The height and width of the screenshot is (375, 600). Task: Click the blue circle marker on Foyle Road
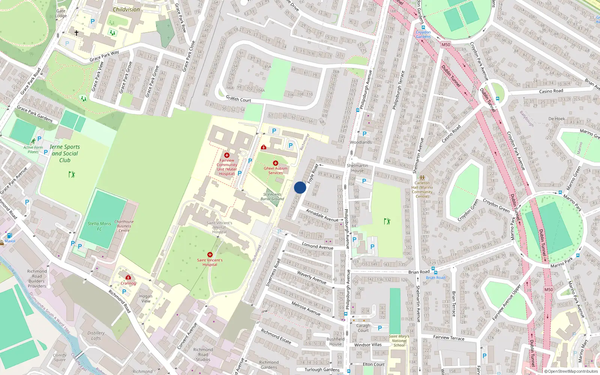pos(300,187)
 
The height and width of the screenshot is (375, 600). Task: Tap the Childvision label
pos(126,9)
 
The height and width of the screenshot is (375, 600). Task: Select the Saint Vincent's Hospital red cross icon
pos(210,255)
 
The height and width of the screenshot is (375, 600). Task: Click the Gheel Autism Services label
pos(276,171)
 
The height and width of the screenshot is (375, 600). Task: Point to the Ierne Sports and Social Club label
pos(65,153)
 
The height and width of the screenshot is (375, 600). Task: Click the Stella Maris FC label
pos(99,226)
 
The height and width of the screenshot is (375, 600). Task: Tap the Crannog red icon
pos(128,277)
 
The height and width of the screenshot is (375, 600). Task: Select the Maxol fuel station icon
pos(9,236)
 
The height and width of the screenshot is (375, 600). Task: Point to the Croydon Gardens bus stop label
pos(423,34)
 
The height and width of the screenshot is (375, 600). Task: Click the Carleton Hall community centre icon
pos(422,178)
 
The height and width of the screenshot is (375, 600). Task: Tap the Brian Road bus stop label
pos(436,277)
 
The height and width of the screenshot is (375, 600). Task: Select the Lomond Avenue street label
pos(318,246)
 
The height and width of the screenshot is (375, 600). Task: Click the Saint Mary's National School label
pos(399,341)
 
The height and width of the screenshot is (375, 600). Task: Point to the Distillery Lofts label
pos(96,335)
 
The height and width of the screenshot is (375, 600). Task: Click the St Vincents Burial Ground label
pos(272,196)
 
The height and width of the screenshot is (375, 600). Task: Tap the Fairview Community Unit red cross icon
pos(226,155)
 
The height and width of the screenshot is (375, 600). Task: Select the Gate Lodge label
pos(61,13)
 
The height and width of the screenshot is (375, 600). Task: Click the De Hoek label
pos(556,119)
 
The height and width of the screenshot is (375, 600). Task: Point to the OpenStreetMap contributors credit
pos(573,371)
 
